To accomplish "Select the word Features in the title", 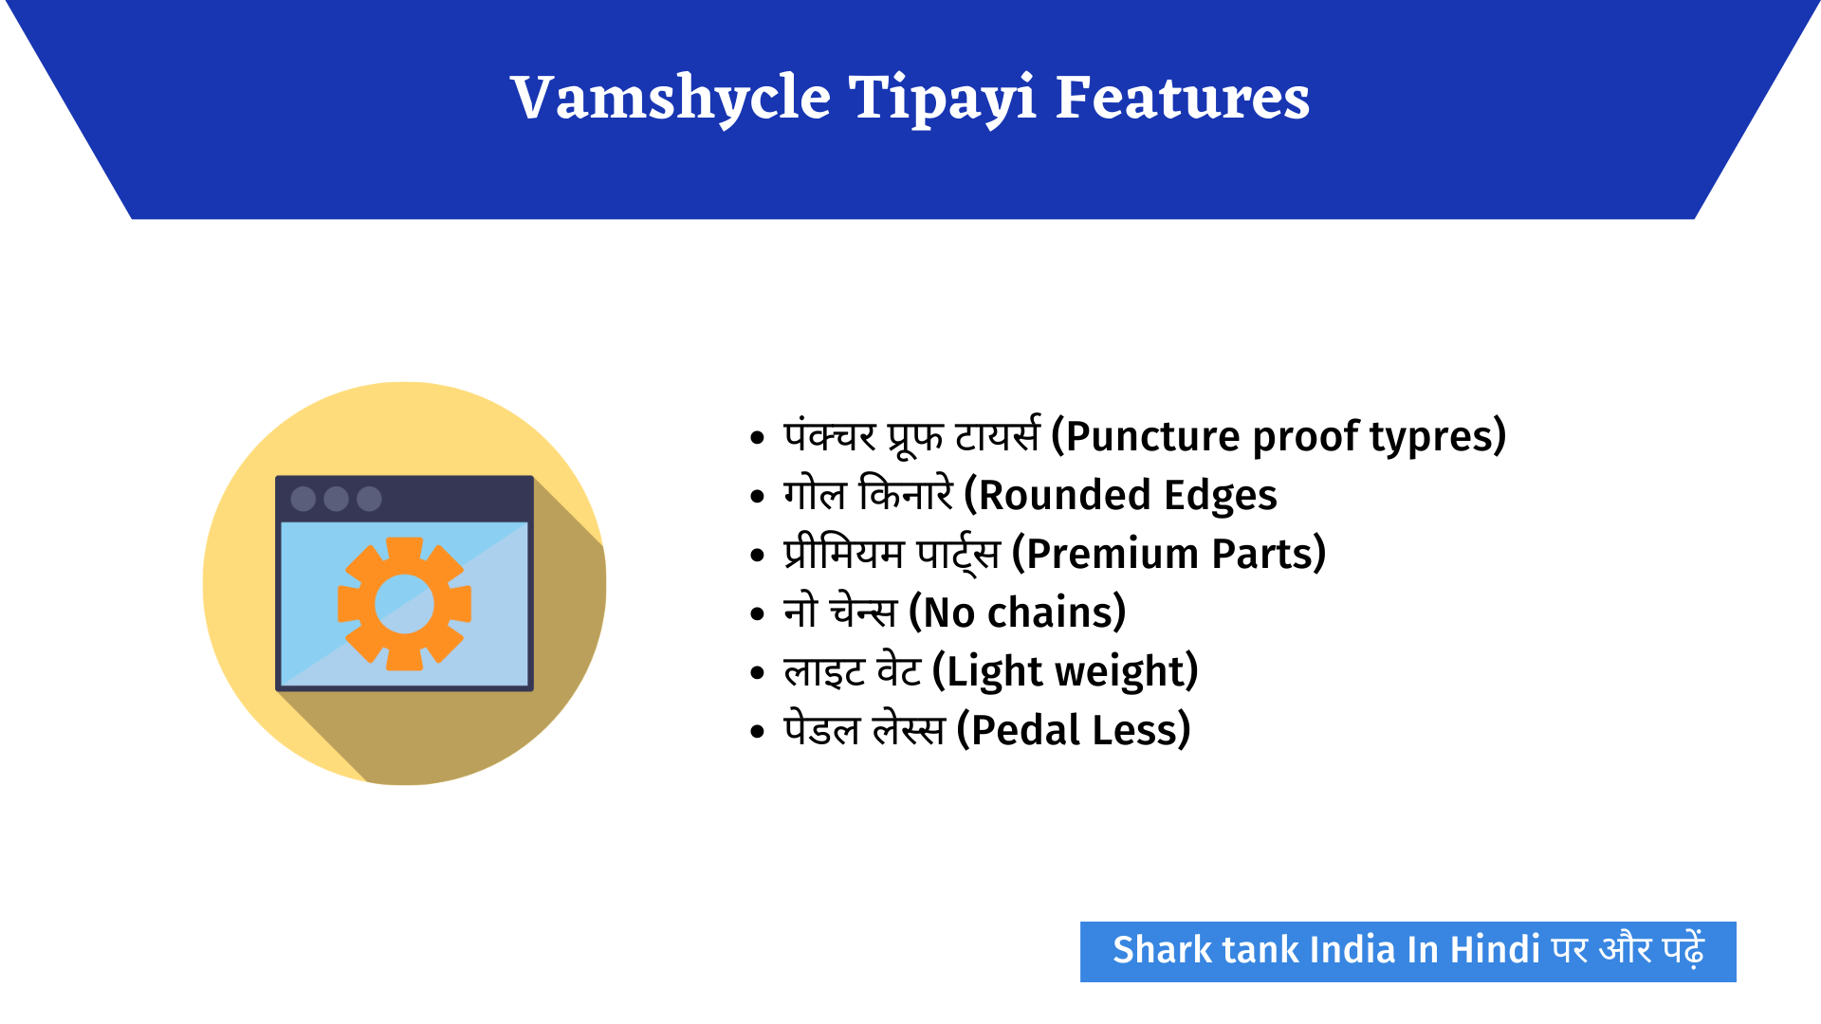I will pyautogui.click(x=1182, y=99).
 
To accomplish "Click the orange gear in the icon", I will pyautogui.click(x=405, y=604).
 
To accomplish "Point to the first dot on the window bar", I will pyautogui.click(x=303, y=499).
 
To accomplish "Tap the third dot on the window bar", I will pyautogui.click(x=369, y=499).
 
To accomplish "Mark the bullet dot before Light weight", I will pyautogui.click(x=757, y=673).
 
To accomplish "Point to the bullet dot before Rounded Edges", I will pyautogui.click(x=757, y=497).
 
